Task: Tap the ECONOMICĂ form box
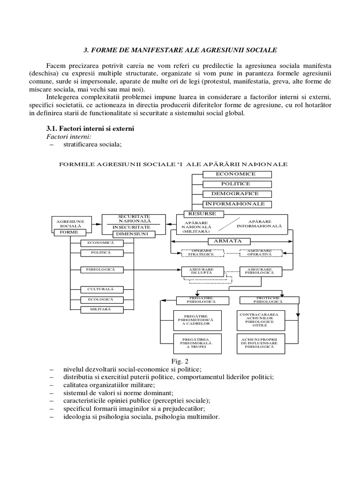tap(101, 243)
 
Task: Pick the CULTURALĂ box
tap(101, 289)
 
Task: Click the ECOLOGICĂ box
tap(101, 300)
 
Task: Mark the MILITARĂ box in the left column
tap(101, 309)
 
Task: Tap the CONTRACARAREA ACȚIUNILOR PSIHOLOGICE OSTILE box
tap(259, 320)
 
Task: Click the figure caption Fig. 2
tap(180, 362)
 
